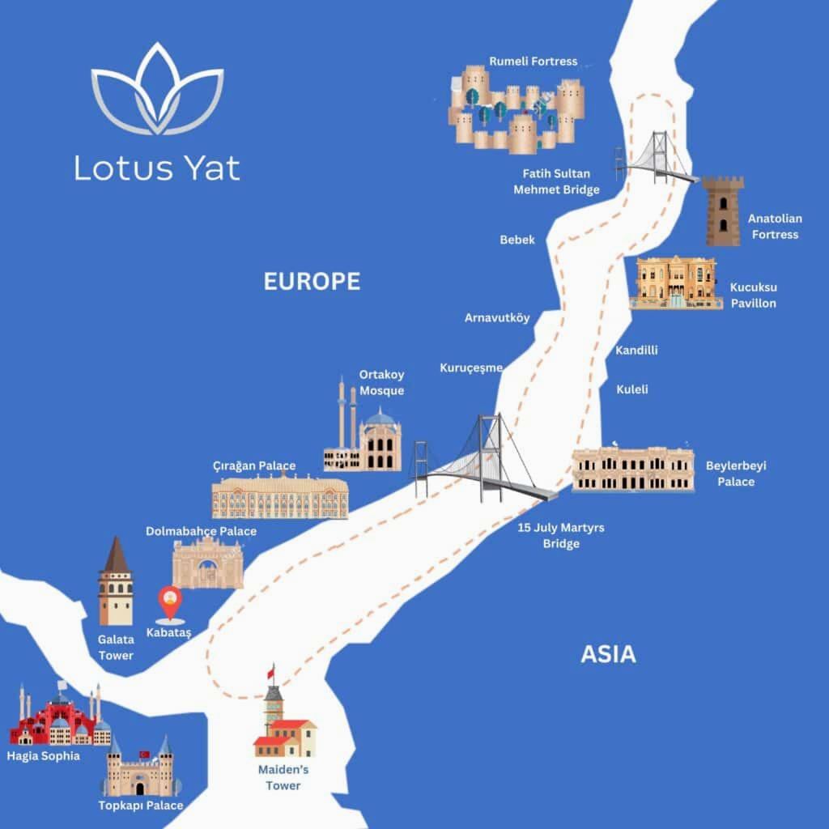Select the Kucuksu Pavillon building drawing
click(675, 283)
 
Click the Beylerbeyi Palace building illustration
click(632, 470)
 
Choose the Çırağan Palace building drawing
click(280, 495)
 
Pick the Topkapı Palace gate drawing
click(140, 770)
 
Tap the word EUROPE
click(312, 282)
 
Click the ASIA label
click(608, 654)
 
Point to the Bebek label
click(517, 240)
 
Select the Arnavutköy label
click(497, 317)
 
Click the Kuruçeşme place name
click(471, 368)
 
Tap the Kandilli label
click(636, 351)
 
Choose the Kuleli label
click(631, 389)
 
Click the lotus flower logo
click(157, 90)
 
